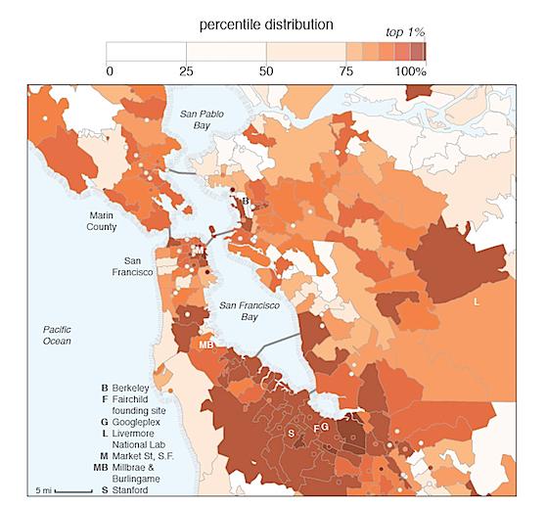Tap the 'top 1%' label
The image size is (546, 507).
(x=406, y=33)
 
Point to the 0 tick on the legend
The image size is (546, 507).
(x=109, y=70)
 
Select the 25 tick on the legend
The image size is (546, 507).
(x=187, y=70)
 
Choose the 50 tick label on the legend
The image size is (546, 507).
(x=266, y=70)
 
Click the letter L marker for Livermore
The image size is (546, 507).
(x=477, y=302)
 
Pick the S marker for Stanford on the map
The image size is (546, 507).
(x=291, y=432)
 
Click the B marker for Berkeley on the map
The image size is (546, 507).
(x=247, y=203)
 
